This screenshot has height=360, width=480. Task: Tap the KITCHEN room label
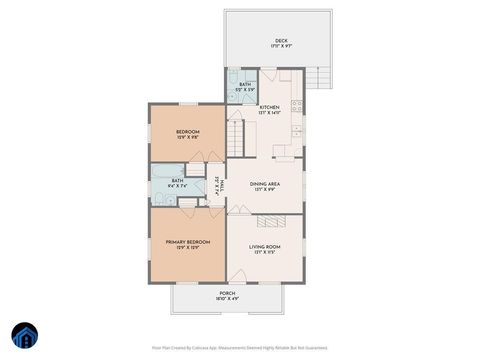[x=269, y=108]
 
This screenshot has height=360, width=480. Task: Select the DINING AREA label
[x=264, y=184]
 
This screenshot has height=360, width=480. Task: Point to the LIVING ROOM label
[x=264, y=246]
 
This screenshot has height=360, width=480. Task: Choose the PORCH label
[x=226, y=293]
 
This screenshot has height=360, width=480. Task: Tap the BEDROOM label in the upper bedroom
[x=187, y=132]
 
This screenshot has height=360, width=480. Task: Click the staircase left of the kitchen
[x=235, y=134]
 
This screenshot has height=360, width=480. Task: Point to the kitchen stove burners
[x=297, y=103]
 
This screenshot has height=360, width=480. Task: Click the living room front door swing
[x=237, y=275]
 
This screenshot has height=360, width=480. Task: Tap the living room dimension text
[x=264, y=252]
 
